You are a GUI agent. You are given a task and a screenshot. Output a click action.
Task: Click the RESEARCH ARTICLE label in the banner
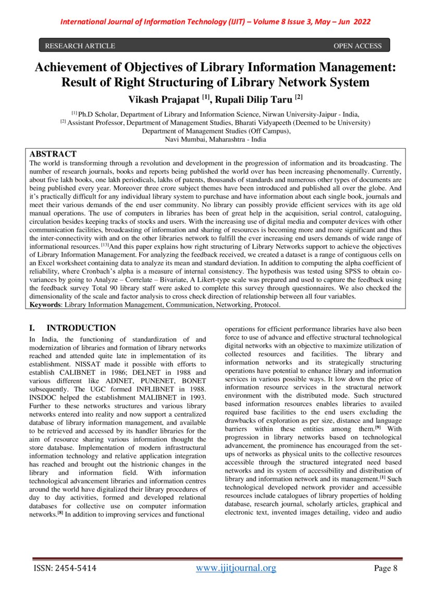coord(80,46)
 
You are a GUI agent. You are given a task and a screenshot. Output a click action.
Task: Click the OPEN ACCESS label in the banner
coord(358,46)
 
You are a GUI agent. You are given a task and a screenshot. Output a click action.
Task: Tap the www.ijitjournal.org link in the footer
coord(236,568)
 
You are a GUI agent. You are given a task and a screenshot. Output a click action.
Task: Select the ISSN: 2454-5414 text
coord(65,568)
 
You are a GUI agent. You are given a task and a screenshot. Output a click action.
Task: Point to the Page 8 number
coord(386,568)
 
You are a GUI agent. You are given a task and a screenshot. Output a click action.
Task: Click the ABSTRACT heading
coord(53,154)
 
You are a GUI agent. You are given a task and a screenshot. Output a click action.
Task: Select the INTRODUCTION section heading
coord(81,328)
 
